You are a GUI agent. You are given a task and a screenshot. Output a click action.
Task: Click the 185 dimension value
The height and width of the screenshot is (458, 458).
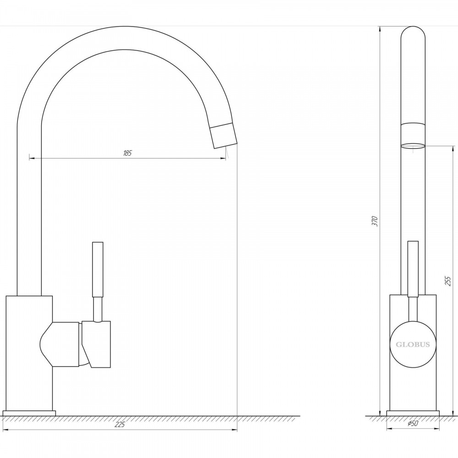[x=127, y=153]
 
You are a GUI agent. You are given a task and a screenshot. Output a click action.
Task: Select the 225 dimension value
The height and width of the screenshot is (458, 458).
[x=120, y=425]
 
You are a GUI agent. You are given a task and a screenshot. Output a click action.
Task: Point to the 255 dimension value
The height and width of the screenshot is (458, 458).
[x=448, y=281]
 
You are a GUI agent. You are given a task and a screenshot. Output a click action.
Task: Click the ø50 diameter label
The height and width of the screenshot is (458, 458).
[x=413, y=424]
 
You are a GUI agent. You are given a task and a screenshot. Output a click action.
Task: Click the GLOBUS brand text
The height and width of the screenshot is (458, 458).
[x=413, y=345]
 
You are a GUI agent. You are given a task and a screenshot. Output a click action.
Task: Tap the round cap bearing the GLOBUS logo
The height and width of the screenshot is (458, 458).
[x=413, y=345]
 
